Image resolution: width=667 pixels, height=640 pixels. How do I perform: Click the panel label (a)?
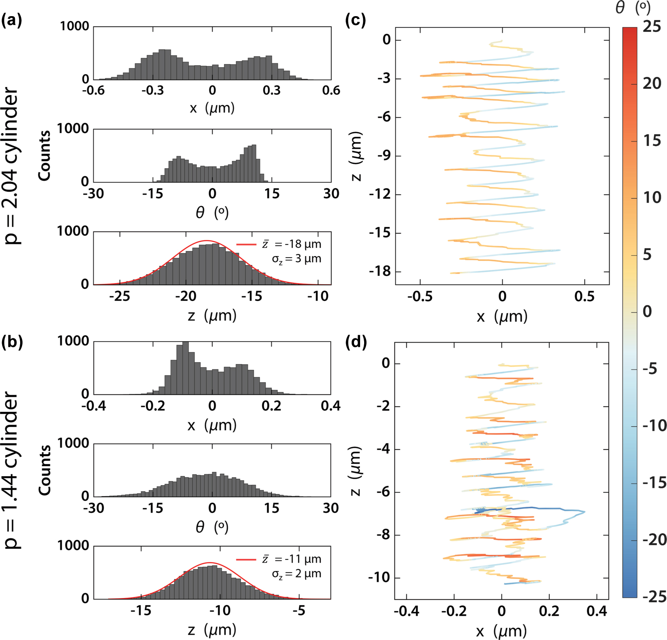12,20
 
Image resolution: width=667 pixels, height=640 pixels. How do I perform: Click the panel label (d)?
356,342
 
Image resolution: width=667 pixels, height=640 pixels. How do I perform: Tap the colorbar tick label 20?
652,83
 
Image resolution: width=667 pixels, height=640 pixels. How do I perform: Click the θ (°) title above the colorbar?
633,8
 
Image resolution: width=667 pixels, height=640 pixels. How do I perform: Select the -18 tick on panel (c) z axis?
380,271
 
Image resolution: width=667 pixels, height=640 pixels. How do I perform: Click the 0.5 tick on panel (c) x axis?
584,297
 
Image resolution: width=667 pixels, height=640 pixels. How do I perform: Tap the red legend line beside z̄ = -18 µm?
246,244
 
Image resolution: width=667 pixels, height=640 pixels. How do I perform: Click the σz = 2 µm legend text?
296,574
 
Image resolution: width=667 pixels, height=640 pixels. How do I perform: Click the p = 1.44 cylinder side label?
12,470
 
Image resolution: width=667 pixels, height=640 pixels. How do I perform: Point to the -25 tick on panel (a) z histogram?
119,297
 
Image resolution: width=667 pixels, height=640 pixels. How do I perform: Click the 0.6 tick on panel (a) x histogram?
331,90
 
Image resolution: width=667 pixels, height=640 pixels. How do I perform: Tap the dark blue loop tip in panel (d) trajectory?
584,512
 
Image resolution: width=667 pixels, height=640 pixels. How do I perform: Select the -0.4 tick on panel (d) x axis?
406,611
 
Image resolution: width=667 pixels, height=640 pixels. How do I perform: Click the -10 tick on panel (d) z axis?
379,577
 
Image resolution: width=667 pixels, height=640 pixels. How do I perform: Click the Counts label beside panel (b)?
44,470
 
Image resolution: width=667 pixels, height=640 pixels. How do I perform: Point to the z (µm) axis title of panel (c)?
356,156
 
